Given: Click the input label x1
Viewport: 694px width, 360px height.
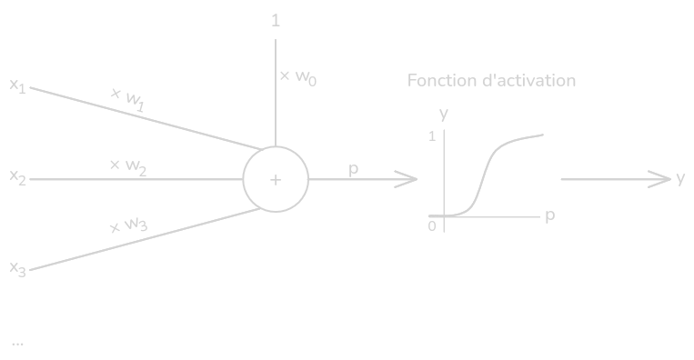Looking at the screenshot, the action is pos(17,85).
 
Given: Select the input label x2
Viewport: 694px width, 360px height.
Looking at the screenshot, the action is pos(17,177).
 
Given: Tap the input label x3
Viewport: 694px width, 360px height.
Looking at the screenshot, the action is pos(17,268).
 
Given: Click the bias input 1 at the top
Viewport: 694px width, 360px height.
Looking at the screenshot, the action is pos(276,20).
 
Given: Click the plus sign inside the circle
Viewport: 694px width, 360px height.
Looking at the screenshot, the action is pos(276,180).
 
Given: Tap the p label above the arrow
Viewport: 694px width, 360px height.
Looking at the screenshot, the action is pos(353,169).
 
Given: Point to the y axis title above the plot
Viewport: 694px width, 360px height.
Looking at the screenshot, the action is pos(444,114).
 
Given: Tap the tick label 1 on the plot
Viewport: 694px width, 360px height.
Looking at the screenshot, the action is pos(432,136).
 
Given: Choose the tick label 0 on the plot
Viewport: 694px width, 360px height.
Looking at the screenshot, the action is pos(432,226).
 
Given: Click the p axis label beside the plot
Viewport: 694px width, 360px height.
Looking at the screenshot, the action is pos(550,215).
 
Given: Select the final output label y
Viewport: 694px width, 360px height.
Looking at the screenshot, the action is pos(680,179).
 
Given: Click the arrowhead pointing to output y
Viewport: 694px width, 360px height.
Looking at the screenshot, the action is pos(660,179).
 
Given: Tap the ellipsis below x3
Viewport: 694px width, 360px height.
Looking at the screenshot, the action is pos(17,344).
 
